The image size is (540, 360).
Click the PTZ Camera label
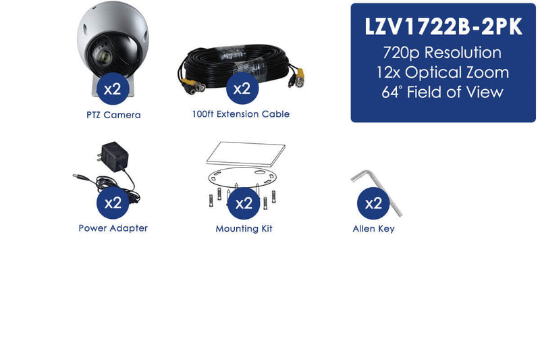pos(113,115)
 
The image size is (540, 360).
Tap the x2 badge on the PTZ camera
pos(113,88)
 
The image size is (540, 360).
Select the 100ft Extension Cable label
pos(241,114)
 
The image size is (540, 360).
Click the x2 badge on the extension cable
pos(242,88)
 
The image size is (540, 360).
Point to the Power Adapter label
pos(113,228)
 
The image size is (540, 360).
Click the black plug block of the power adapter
pos(113,157)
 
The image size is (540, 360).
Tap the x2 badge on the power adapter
pos(113,203)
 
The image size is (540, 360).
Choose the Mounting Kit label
pos(244,228)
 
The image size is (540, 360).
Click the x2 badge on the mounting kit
pos(244,203)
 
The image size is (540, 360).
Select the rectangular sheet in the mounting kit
pos(246,153)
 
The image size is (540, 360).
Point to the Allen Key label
pos(373,228)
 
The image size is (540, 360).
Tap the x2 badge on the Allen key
pos(373,203)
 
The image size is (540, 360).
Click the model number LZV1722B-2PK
pos(443,26)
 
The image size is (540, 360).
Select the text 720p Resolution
pos(442,53)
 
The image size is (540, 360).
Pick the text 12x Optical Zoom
pos(443,72)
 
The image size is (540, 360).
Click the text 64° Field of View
pos(443,92)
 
